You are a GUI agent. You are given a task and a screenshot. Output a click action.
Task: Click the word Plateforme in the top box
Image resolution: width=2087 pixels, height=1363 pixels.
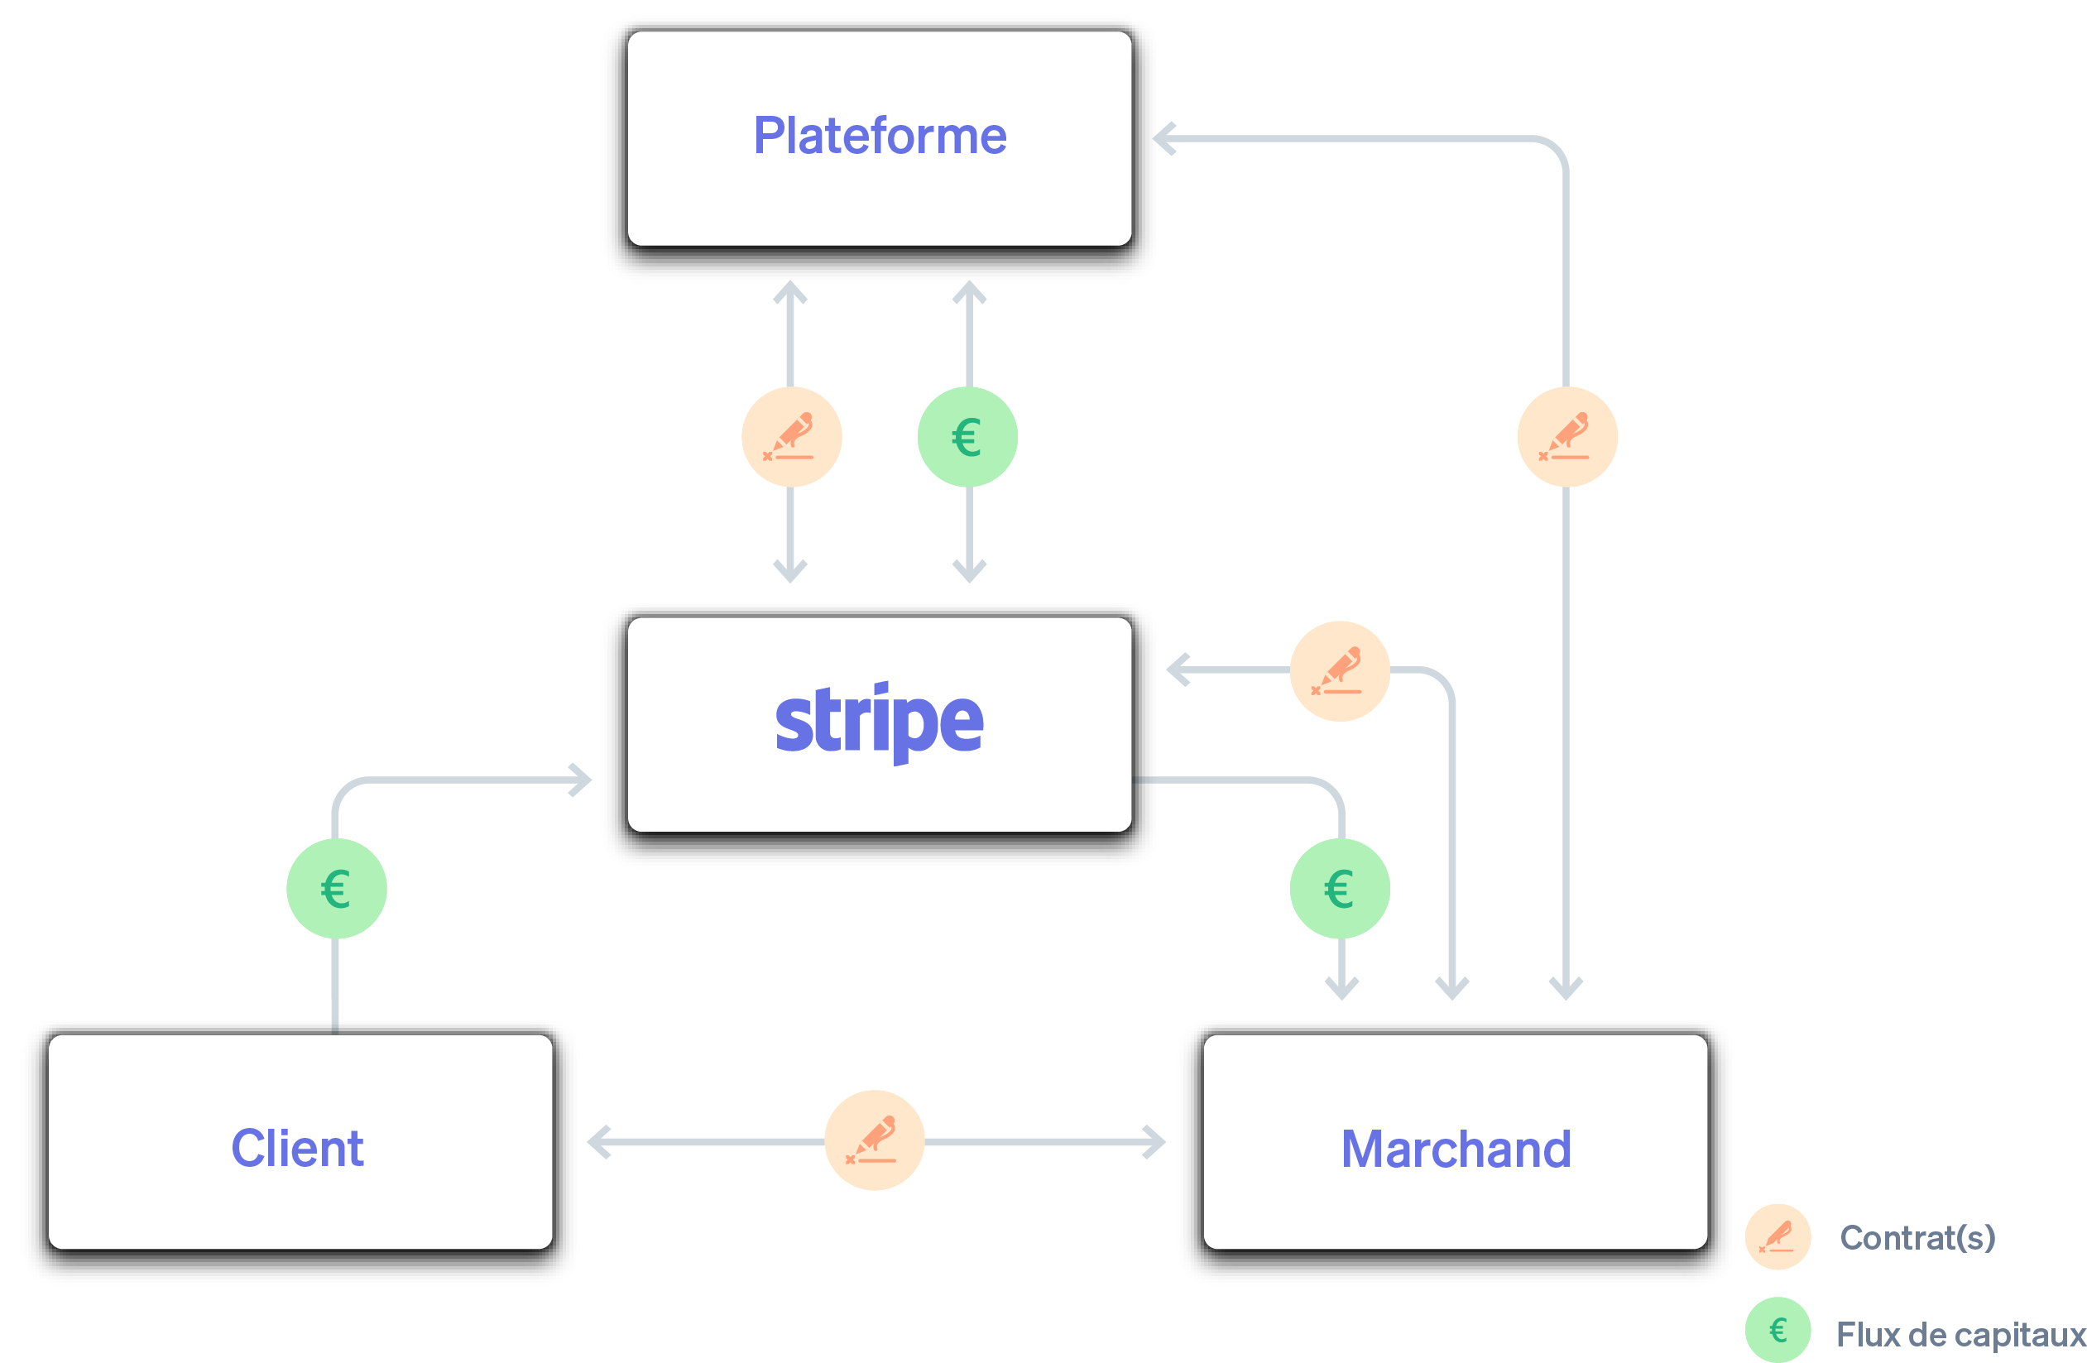click(x=880, y=136)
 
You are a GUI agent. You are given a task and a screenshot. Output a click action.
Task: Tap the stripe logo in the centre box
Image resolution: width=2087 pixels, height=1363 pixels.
click(x=879, y=722)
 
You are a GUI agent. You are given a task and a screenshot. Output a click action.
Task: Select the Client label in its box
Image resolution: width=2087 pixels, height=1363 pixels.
click(x=296, y=1148)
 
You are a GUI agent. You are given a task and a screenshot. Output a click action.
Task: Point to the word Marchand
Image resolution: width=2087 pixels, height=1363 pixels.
click(x=1456, y=1149)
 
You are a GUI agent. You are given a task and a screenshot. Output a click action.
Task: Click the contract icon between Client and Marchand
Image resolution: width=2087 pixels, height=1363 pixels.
click(x=874, y=1140)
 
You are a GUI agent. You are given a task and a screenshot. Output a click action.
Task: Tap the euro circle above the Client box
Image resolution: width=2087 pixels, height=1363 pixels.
click(x=336, y=889)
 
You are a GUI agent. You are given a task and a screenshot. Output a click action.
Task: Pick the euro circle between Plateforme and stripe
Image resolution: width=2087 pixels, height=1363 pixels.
click(x=967, y=437)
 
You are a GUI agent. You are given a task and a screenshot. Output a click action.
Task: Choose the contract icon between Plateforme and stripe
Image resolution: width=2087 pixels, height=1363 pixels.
click(x=791, y=437)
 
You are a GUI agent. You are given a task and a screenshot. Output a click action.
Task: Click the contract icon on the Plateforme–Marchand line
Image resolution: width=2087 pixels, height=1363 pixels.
click(x=1567, y=437)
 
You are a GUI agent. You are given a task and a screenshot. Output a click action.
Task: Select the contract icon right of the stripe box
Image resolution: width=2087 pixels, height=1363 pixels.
click(x=1339, y=671)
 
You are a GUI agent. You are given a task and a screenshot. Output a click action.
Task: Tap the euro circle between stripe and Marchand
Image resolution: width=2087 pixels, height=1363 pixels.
click(x=1339, y=889)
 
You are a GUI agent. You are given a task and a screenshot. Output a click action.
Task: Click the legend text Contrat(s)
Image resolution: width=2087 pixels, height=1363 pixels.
click(x=1917, y=1237)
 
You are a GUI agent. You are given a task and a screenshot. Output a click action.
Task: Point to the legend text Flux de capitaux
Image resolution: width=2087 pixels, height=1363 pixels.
click(x=1960, y=1334)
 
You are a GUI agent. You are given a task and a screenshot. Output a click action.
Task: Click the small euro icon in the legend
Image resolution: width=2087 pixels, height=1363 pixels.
click(x=1778, y=1331)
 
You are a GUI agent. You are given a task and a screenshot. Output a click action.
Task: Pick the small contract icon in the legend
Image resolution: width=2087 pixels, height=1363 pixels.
click(x=1778, y=1236)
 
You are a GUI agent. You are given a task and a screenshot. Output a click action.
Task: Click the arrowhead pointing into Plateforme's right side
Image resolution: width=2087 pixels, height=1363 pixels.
click(x=1163, y=138)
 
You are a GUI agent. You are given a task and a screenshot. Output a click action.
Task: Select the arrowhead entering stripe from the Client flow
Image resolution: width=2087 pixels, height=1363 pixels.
click(x=580, y=780)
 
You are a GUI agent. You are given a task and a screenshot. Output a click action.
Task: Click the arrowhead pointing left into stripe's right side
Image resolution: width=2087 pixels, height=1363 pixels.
click(x=1178, y=670)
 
